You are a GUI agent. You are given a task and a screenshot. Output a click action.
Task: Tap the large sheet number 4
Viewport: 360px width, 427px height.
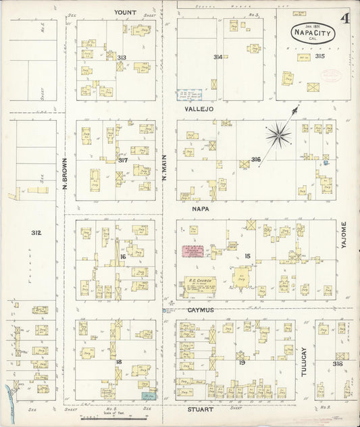(x=345, y=18)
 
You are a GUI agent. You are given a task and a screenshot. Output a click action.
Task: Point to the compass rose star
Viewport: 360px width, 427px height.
(x=278, y=135)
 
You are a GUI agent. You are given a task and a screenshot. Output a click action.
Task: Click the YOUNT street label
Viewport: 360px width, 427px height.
(x=125, y=12)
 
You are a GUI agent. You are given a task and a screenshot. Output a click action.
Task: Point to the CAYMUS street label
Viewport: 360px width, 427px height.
(x=201, y=310)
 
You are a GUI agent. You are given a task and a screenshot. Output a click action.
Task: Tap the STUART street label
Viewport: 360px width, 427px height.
(x=201, y=409)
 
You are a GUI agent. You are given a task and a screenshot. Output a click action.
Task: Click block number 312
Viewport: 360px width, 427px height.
(x=35, y=232)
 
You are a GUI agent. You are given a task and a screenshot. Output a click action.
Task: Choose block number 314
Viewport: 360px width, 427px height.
(x=217, y=57)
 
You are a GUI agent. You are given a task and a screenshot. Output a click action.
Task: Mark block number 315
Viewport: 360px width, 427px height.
(x=319, y=56)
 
